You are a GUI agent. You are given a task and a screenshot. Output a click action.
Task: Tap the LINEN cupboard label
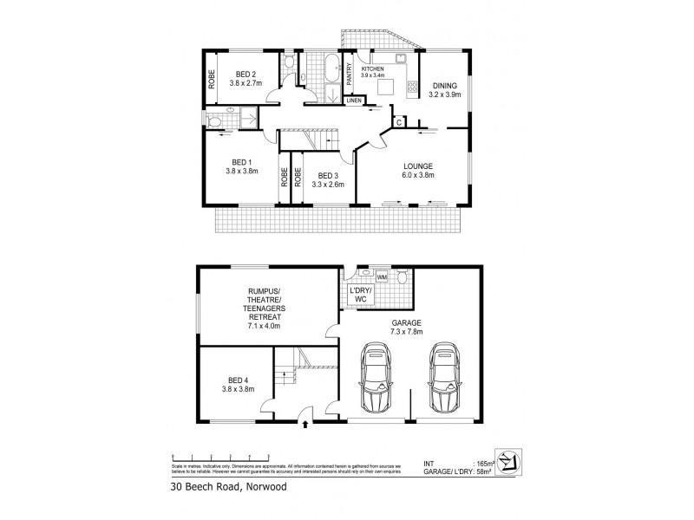354,101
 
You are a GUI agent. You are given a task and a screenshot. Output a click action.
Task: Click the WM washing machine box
381,278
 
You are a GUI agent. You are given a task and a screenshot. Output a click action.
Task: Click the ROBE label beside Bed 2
211,78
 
